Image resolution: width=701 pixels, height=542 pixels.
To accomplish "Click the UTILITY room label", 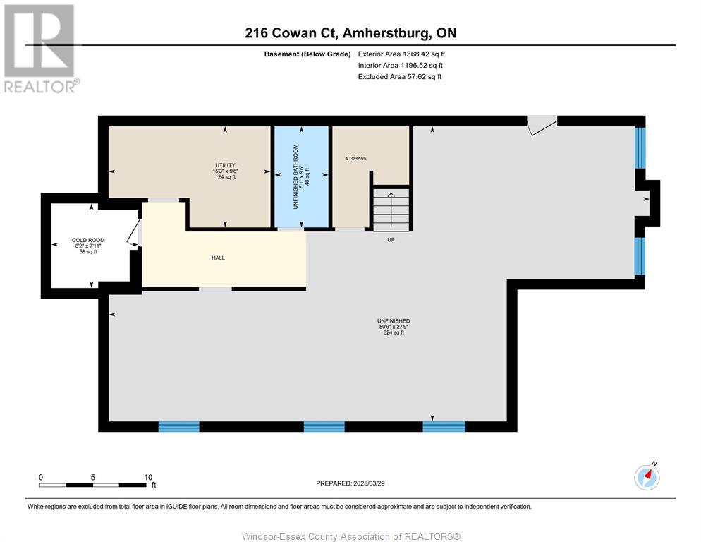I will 225,165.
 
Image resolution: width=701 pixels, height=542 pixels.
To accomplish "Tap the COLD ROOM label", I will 88,241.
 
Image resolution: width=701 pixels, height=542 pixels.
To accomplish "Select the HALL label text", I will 218,258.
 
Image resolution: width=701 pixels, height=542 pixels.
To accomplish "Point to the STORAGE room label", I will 356,159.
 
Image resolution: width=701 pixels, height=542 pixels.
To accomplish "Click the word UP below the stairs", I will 390,240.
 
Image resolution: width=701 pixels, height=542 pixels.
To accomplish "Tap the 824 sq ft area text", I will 393,333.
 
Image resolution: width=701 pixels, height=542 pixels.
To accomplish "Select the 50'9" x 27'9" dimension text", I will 393,327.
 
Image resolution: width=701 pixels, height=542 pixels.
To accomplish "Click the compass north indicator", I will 647,477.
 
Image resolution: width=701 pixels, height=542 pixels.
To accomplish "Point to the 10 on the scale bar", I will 148,477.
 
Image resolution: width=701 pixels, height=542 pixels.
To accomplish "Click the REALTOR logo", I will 40,48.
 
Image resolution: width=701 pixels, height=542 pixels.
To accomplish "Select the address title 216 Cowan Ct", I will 350,32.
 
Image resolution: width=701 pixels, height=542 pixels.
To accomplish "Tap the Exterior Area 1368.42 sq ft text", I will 401,54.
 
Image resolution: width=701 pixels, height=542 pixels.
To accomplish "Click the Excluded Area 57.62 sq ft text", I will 399,76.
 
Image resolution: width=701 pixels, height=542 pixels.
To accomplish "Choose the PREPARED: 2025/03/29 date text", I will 350,483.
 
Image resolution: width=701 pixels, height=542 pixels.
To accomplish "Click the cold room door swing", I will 134,233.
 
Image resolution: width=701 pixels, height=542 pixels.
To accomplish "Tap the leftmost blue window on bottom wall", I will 178,426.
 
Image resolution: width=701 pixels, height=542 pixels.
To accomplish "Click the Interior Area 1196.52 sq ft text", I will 401,65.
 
